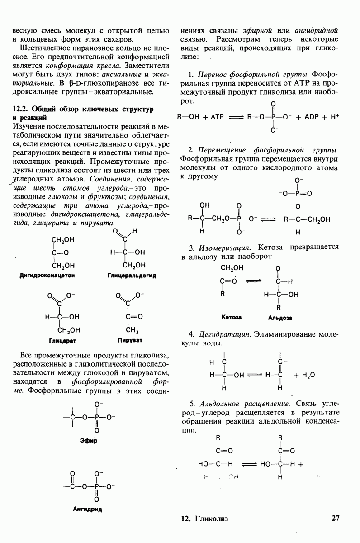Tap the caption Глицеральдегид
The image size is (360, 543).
[132, 276]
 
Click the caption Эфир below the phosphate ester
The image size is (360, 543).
[90, 440]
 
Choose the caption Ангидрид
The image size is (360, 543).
[87, 509]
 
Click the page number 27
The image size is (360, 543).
[335, 519]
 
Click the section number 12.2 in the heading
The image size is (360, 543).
[21, 109]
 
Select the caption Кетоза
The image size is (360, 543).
[232, 317]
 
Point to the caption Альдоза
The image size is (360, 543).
[280, 318]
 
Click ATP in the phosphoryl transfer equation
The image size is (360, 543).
[214, 116]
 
